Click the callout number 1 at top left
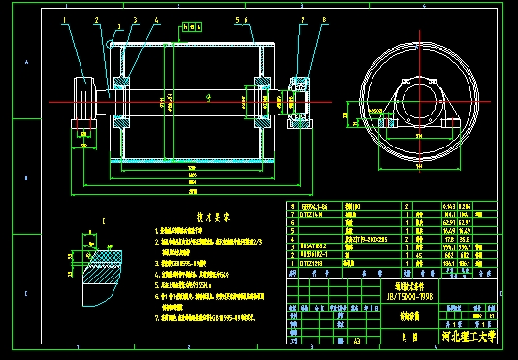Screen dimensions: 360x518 (x=65, y=19)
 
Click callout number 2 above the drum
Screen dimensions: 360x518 (x=97, y=19)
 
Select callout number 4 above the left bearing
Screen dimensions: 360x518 (x=133, y=19)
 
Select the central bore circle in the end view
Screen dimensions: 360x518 (x=420, y=101)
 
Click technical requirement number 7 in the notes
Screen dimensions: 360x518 (x=158, y=316)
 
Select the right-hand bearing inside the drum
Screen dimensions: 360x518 (x=263, y=100)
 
